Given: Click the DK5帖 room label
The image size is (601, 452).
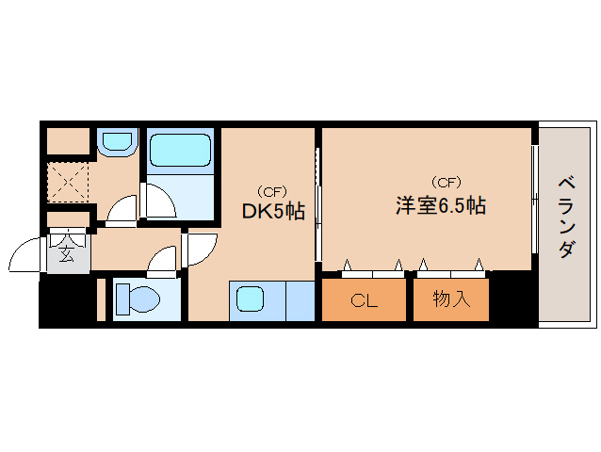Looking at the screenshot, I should tap(272, 213).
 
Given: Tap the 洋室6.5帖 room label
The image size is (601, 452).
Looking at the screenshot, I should tap(440, 206).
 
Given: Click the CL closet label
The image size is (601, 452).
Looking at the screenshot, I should tap(365, 301).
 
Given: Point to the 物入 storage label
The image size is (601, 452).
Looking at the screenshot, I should tap(451, 301).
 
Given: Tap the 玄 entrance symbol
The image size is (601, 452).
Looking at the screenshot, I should tap(67, 252).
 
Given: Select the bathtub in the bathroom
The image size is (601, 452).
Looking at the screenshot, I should tap(180, 150).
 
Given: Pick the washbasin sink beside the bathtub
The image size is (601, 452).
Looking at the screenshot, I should tap(118, 142).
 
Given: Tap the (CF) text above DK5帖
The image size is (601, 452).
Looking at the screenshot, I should tap(272, 189).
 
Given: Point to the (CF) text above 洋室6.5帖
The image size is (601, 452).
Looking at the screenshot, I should tap(446, 182).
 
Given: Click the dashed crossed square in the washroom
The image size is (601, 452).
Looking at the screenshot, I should tap(68, 182).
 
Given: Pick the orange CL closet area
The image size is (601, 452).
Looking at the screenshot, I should tap(365, 301).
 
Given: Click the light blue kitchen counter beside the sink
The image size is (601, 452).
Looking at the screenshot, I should tap(300, 300).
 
